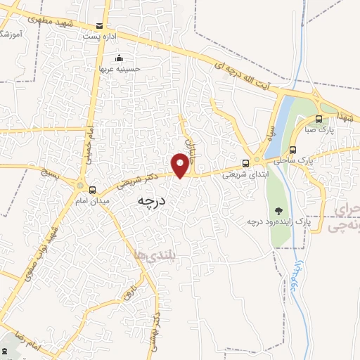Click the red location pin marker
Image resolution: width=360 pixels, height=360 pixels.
click(181, 165)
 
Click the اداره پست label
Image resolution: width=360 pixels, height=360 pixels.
click(96, 34)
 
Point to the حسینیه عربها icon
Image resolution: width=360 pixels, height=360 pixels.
click(119, 58)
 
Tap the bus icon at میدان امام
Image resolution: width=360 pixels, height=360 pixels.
click(92, 189)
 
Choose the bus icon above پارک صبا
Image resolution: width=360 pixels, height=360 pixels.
click(319, 119)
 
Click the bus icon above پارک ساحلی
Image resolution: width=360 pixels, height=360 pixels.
click(292, 149)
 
